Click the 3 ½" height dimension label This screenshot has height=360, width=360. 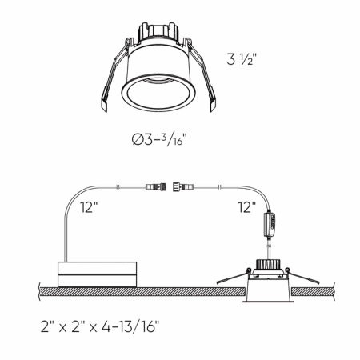(x=242, y=59)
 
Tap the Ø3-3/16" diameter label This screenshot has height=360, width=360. (x=159, y=139)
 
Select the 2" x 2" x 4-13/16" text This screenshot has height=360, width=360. (x=100, y=326)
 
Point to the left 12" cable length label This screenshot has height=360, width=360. (x=89, y=206)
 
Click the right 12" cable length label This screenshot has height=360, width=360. (x=247, y=207)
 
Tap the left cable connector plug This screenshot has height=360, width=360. (x=156, y=186)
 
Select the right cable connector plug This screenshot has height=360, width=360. (x=183, y=186)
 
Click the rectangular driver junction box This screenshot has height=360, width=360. (x=97, y=274)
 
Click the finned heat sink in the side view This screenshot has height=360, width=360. (x=267, y=264)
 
